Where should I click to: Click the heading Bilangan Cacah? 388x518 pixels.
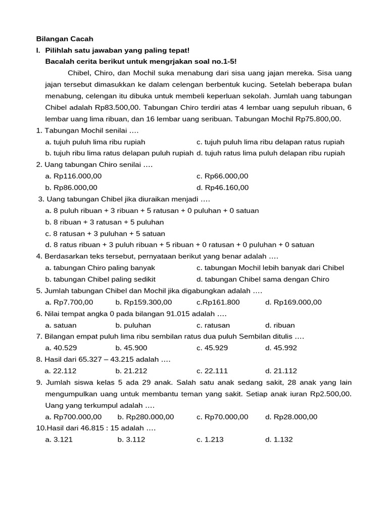tap(65, 39)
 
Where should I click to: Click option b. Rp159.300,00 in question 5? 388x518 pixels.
tap(141, 303)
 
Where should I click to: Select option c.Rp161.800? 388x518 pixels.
tap(218, 303)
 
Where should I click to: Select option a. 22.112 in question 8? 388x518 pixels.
tap(61, 371)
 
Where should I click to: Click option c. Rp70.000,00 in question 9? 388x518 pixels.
tap(222, 417)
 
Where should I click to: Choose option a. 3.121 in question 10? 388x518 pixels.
tap(59, 440)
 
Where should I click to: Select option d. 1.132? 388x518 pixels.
tap(279, 440)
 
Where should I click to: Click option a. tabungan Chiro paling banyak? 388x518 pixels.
tap(100, 268)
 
